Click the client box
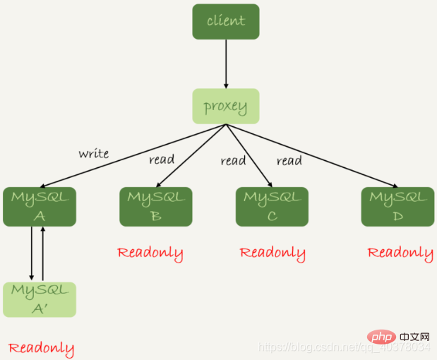(226, 21)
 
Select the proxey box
(226, 107)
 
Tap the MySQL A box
(39, 206)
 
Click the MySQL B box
(156, 206)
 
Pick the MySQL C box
(272, 206)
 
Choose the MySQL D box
(397, 206)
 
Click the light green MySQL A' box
(39, 299)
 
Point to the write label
(93, 153)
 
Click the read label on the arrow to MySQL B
(162, 160)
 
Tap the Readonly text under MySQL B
(150, 253)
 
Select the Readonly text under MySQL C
(273, 253)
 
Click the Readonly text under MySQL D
(400, 253)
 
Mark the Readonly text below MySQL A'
(41, 347)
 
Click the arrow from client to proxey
(226, 64)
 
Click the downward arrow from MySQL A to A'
(31, 254)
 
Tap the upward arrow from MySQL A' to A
(44, 254)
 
